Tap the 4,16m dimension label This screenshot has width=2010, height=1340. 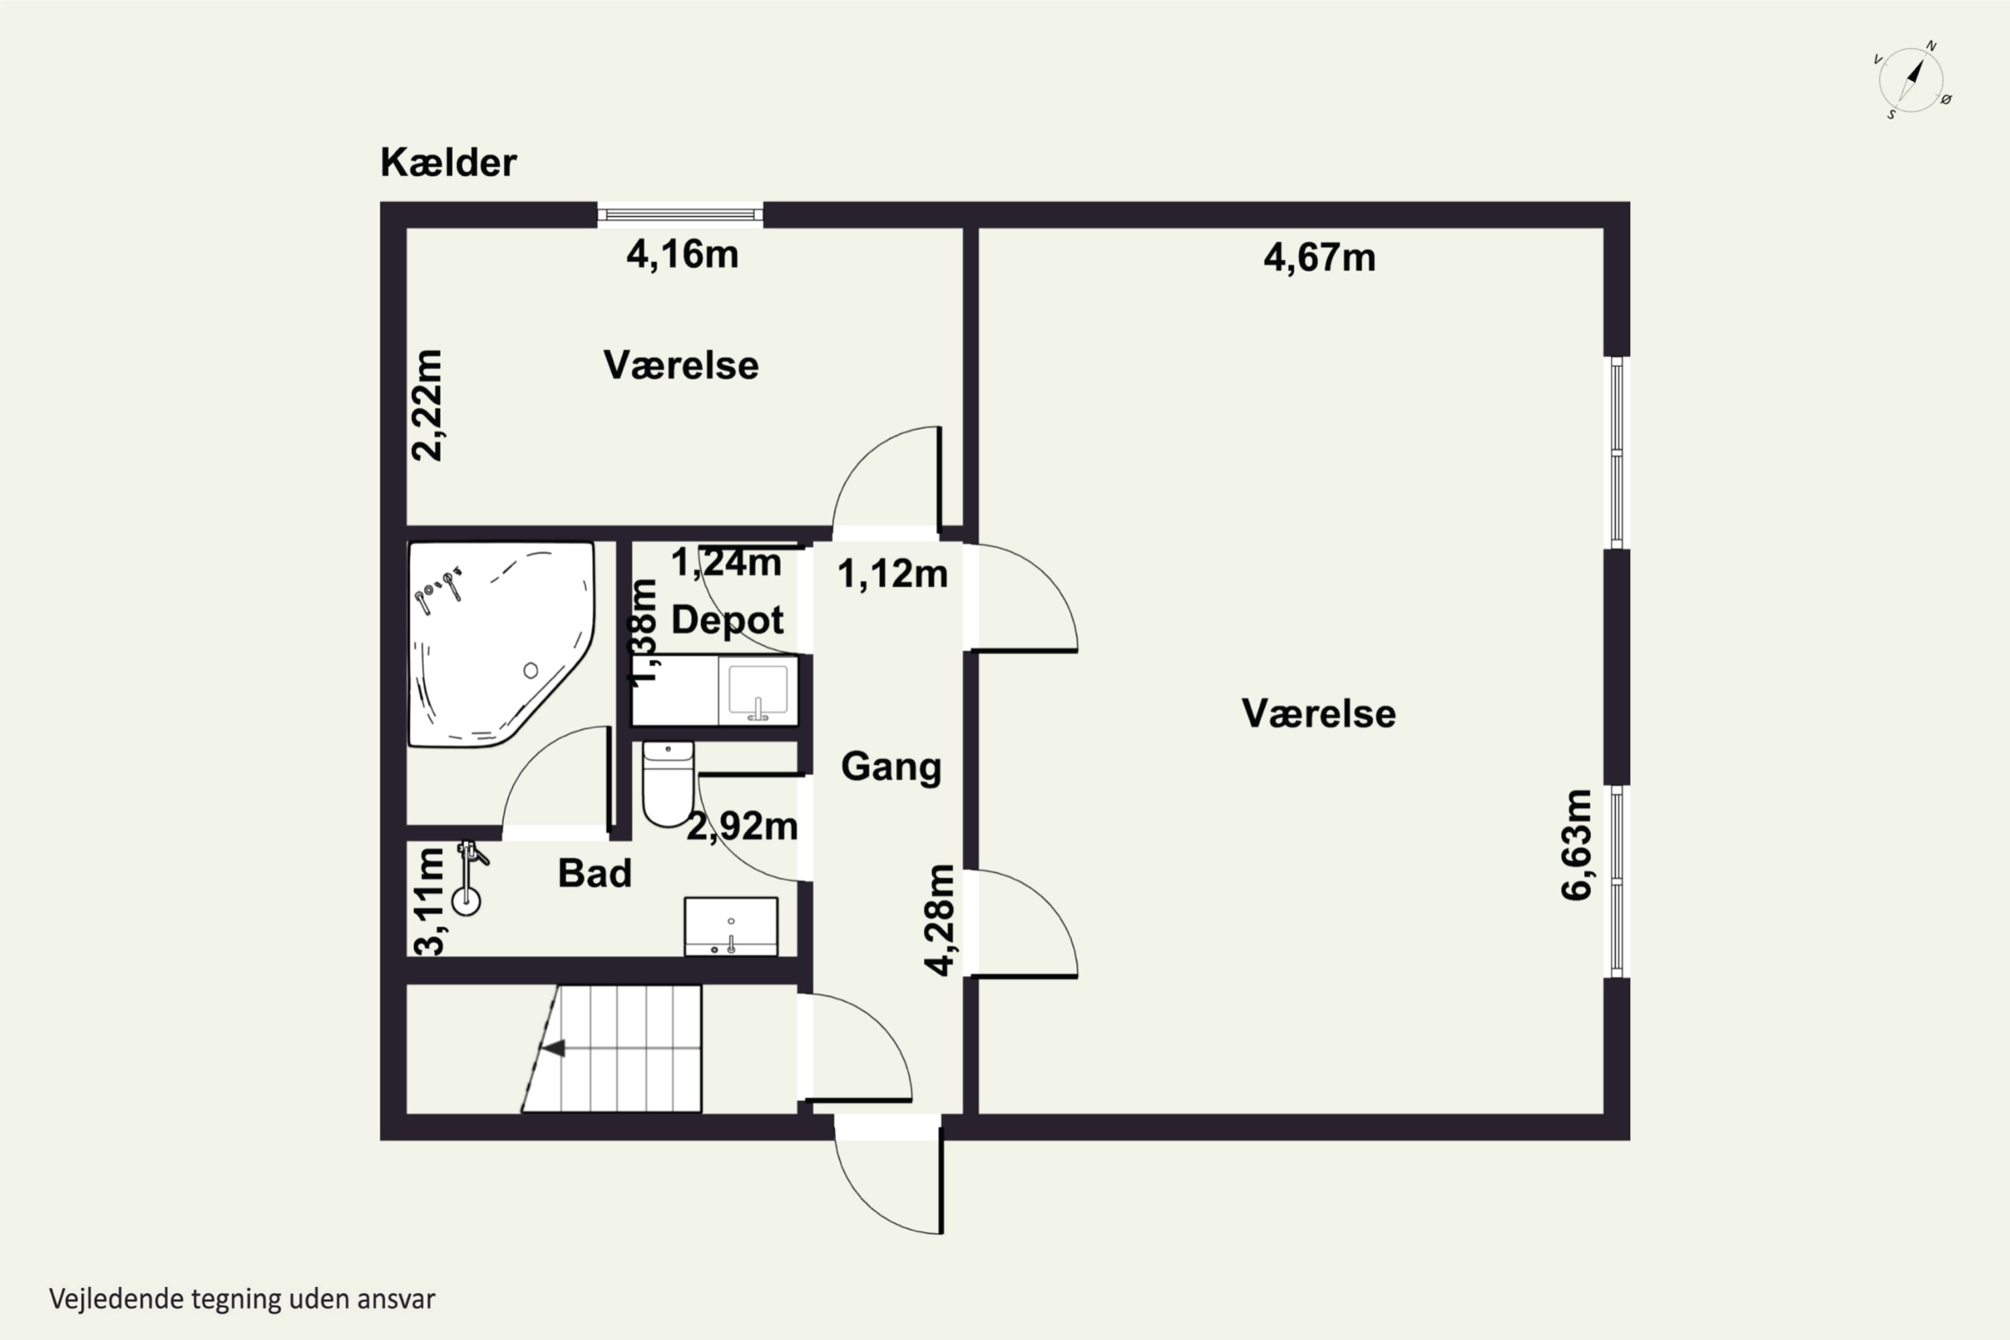(x=682, y=255)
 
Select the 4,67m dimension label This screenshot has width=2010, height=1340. (x=1319, y=258)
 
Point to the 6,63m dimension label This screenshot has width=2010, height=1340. (x=1577, y=845)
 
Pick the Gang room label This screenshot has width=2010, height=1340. (x=890, y=766)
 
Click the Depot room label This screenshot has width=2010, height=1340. (x=727, y=620)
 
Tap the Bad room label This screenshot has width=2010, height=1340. (x=595, y=874)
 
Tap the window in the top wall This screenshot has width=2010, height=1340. (x=680, y=214)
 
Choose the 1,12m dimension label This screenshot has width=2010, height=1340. (x=892, y=574)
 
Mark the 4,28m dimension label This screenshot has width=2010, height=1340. (x=939, y=921)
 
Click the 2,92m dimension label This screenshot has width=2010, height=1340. (x=742, y=826)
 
